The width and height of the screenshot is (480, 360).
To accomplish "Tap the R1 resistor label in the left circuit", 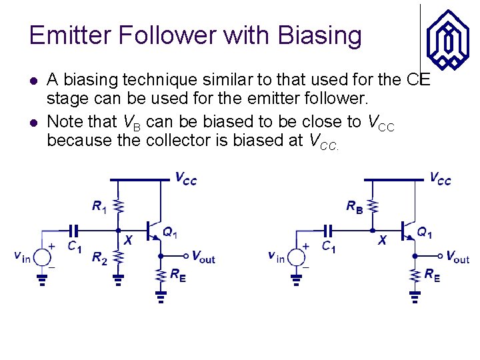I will tap(99, 208).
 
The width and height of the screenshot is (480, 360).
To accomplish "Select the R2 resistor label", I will tap(99, 258).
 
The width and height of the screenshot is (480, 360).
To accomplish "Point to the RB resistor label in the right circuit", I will tap(355, 207).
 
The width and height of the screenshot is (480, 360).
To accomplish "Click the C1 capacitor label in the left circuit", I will tap(74, 245).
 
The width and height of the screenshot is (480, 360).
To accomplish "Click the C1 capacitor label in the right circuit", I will tap(329, 246).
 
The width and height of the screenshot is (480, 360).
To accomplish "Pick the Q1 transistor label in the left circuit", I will tap(170, 233).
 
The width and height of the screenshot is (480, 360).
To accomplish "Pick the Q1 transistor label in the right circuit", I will tap(425, 232).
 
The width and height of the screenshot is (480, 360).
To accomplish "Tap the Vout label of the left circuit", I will tap(203, 257).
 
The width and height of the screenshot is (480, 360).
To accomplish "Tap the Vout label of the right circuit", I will tap(457, 257).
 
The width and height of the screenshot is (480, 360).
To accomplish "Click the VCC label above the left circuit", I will tap(186, 179).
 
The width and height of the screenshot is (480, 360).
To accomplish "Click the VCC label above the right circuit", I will tap(440, 178).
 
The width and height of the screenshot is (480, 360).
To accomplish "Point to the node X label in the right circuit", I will tap(382, 240).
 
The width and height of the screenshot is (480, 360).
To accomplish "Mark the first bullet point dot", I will tap(35, 81).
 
